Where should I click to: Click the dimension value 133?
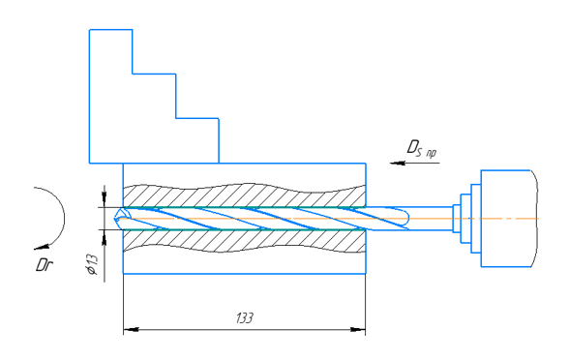click(x=245, y=317)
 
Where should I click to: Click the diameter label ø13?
click(x=91, y=264)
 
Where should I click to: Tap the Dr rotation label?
click(x=45, y=265)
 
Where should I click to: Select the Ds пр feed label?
click(x=421, y=148)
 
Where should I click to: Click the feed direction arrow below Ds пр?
click(x=414, y=163)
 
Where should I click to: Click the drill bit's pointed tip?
click(x=115, y=219)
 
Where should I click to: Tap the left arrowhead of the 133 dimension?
click(x=131, y=329)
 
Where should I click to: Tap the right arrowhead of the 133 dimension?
click(x=358, y=329)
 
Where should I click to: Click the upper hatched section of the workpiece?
click(x=244, y=195)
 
